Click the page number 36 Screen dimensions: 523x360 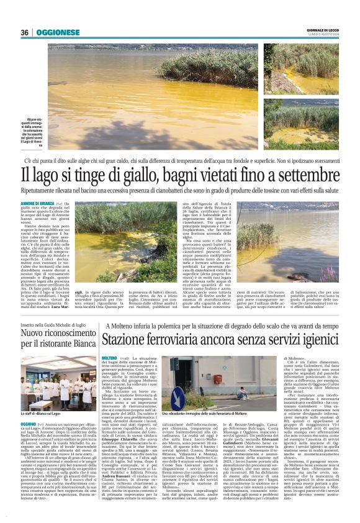[x=24, y=32]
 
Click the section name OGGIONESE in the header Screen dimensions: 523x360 [x=58, y=32]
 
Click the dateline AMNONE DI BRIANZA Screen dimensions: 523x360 [x=38, y=204]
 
